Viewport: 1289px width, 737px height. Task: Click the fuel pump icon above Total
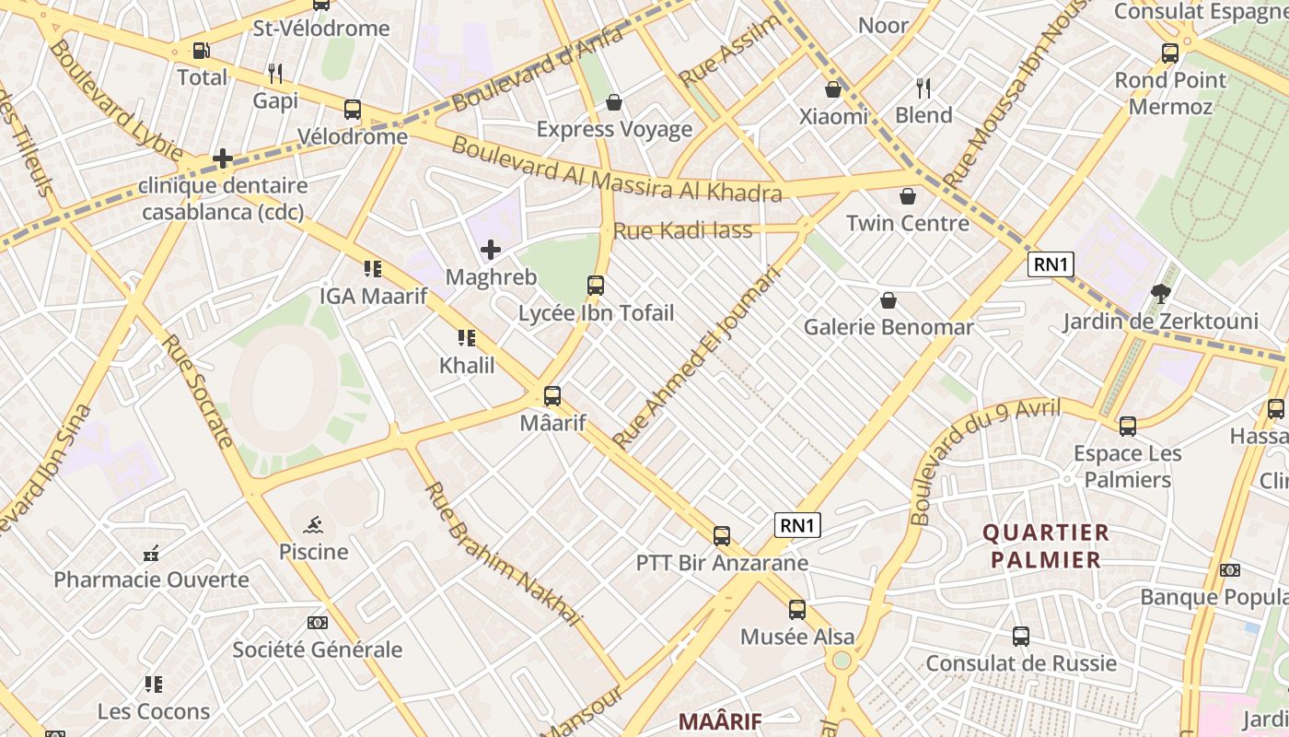[201, 51]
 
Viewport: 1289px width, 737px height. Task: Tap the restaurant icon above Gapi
[274, 73]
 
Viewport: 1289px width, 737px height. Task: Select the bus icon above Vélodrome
[352, 110]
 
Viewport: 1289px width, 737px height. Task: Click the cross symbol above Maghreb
[491, 250]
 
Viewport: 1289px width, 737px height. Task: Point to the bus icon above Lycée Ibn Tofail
[596, 286]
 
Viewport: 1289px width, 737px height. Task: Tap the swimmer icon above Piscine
[314, 525]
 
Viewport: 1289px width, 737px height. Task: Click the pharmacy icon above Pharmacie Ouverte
[152, 554]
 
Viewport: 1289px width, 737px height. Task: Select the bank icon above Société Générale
[317, 623]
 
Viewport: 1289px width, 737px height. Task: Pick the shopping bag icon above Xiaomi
[833, 89]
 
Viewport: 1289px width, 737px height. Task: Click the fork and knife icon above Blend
[923, 88]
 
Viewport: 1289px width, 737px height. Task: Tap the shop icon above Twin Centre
[908, 196]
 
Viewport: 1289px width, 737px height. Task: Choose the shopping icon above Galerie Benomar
[888, 300]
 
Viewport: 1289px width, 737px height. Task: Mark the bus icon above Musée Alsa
[797, 610]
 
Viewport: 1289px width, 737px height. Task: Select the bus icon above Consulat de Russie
[1021, 637]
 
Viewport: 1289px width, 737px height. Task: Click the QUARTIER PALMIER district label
[1046, 545]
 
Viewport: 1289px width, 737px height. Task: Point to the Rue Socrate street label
[198, 391]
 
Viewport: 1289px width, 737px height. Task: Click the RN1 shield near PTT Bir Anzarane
[797, 525]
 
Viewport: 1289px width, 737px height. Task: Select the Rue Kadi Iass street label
[682, 230]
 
